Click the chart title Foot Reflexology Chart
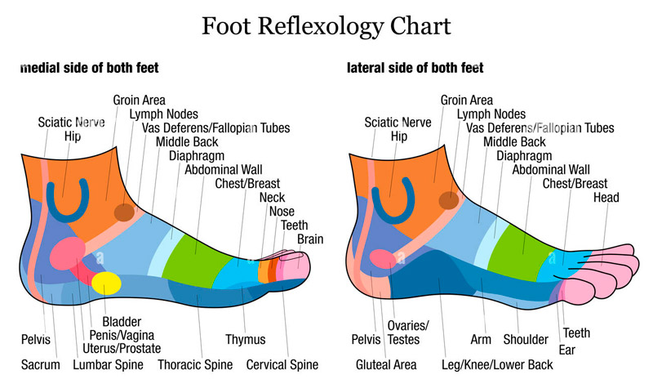click(326, 26)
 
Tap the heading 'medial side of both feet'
click(90, 68)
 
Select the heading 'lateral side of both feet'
click(415, 68)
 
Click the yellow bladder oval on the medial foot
click(107, 284)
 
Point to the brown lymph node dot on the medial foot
click(125, 212)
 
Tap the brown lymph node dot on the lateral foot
click(449, 200)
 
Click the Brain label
click(310, 239)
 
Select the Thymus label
click(246, 339)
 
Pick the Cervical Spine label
click(282, 365)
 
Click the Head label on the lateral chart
click(606, 197)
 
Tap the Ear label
click(566, 350)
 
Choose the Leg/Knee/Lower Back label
click(497, 365)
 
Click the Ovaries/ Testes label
click(407, 333)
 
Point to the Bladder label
click(122, 321)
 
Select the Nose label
click(282, 212)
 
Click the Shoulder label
click(526, 339)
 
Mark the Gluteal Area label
click(386, 365)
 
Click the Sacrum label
click(40, 365)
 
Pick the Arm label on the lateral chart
click(481, 339)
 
